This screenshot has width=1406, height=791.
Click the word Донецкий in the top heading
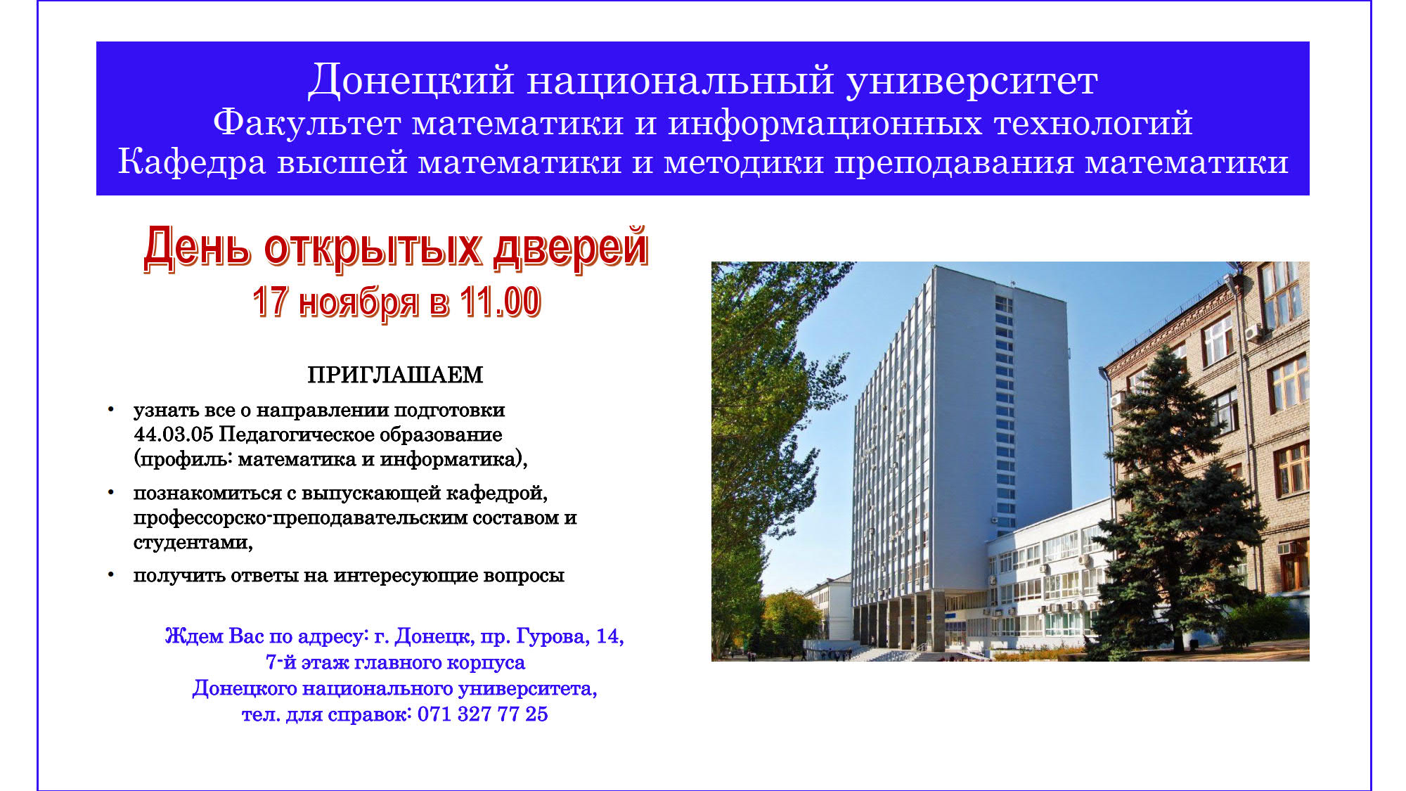tap(411, 80)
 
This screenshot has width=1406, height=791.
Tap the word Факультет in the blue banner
tap(307, 124)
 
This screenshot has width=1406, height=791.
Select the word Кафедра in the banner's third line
tap(192, 162)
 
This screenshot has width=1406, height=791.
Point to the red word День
tap(197, 247)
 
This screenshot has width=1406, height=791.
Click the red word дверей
tap(570, 247)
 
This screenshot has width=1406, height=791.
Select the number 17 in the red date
tap(271, 302)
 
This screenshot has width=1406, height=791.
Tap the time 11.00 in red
tap(500, 302)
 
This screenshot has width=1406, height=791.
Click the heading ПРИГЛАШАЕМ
tap(395, 375)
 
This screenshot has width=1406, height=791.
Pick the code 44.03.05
tap(173, 435)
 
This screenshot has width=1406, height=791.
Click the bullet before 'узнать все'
tap(110, 409)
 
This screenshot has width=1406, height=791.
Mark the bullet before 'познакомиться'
tap(110, 491)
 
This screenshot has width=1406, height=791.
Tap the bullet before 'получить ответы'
tap(110, 574)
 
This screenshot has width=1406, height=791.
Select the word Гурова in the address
tap(553, 636)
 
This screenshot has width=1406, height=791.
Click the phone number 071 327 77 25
tap(482, 714)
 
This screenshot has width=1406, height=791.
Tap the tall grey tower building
tap(963, 450)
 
